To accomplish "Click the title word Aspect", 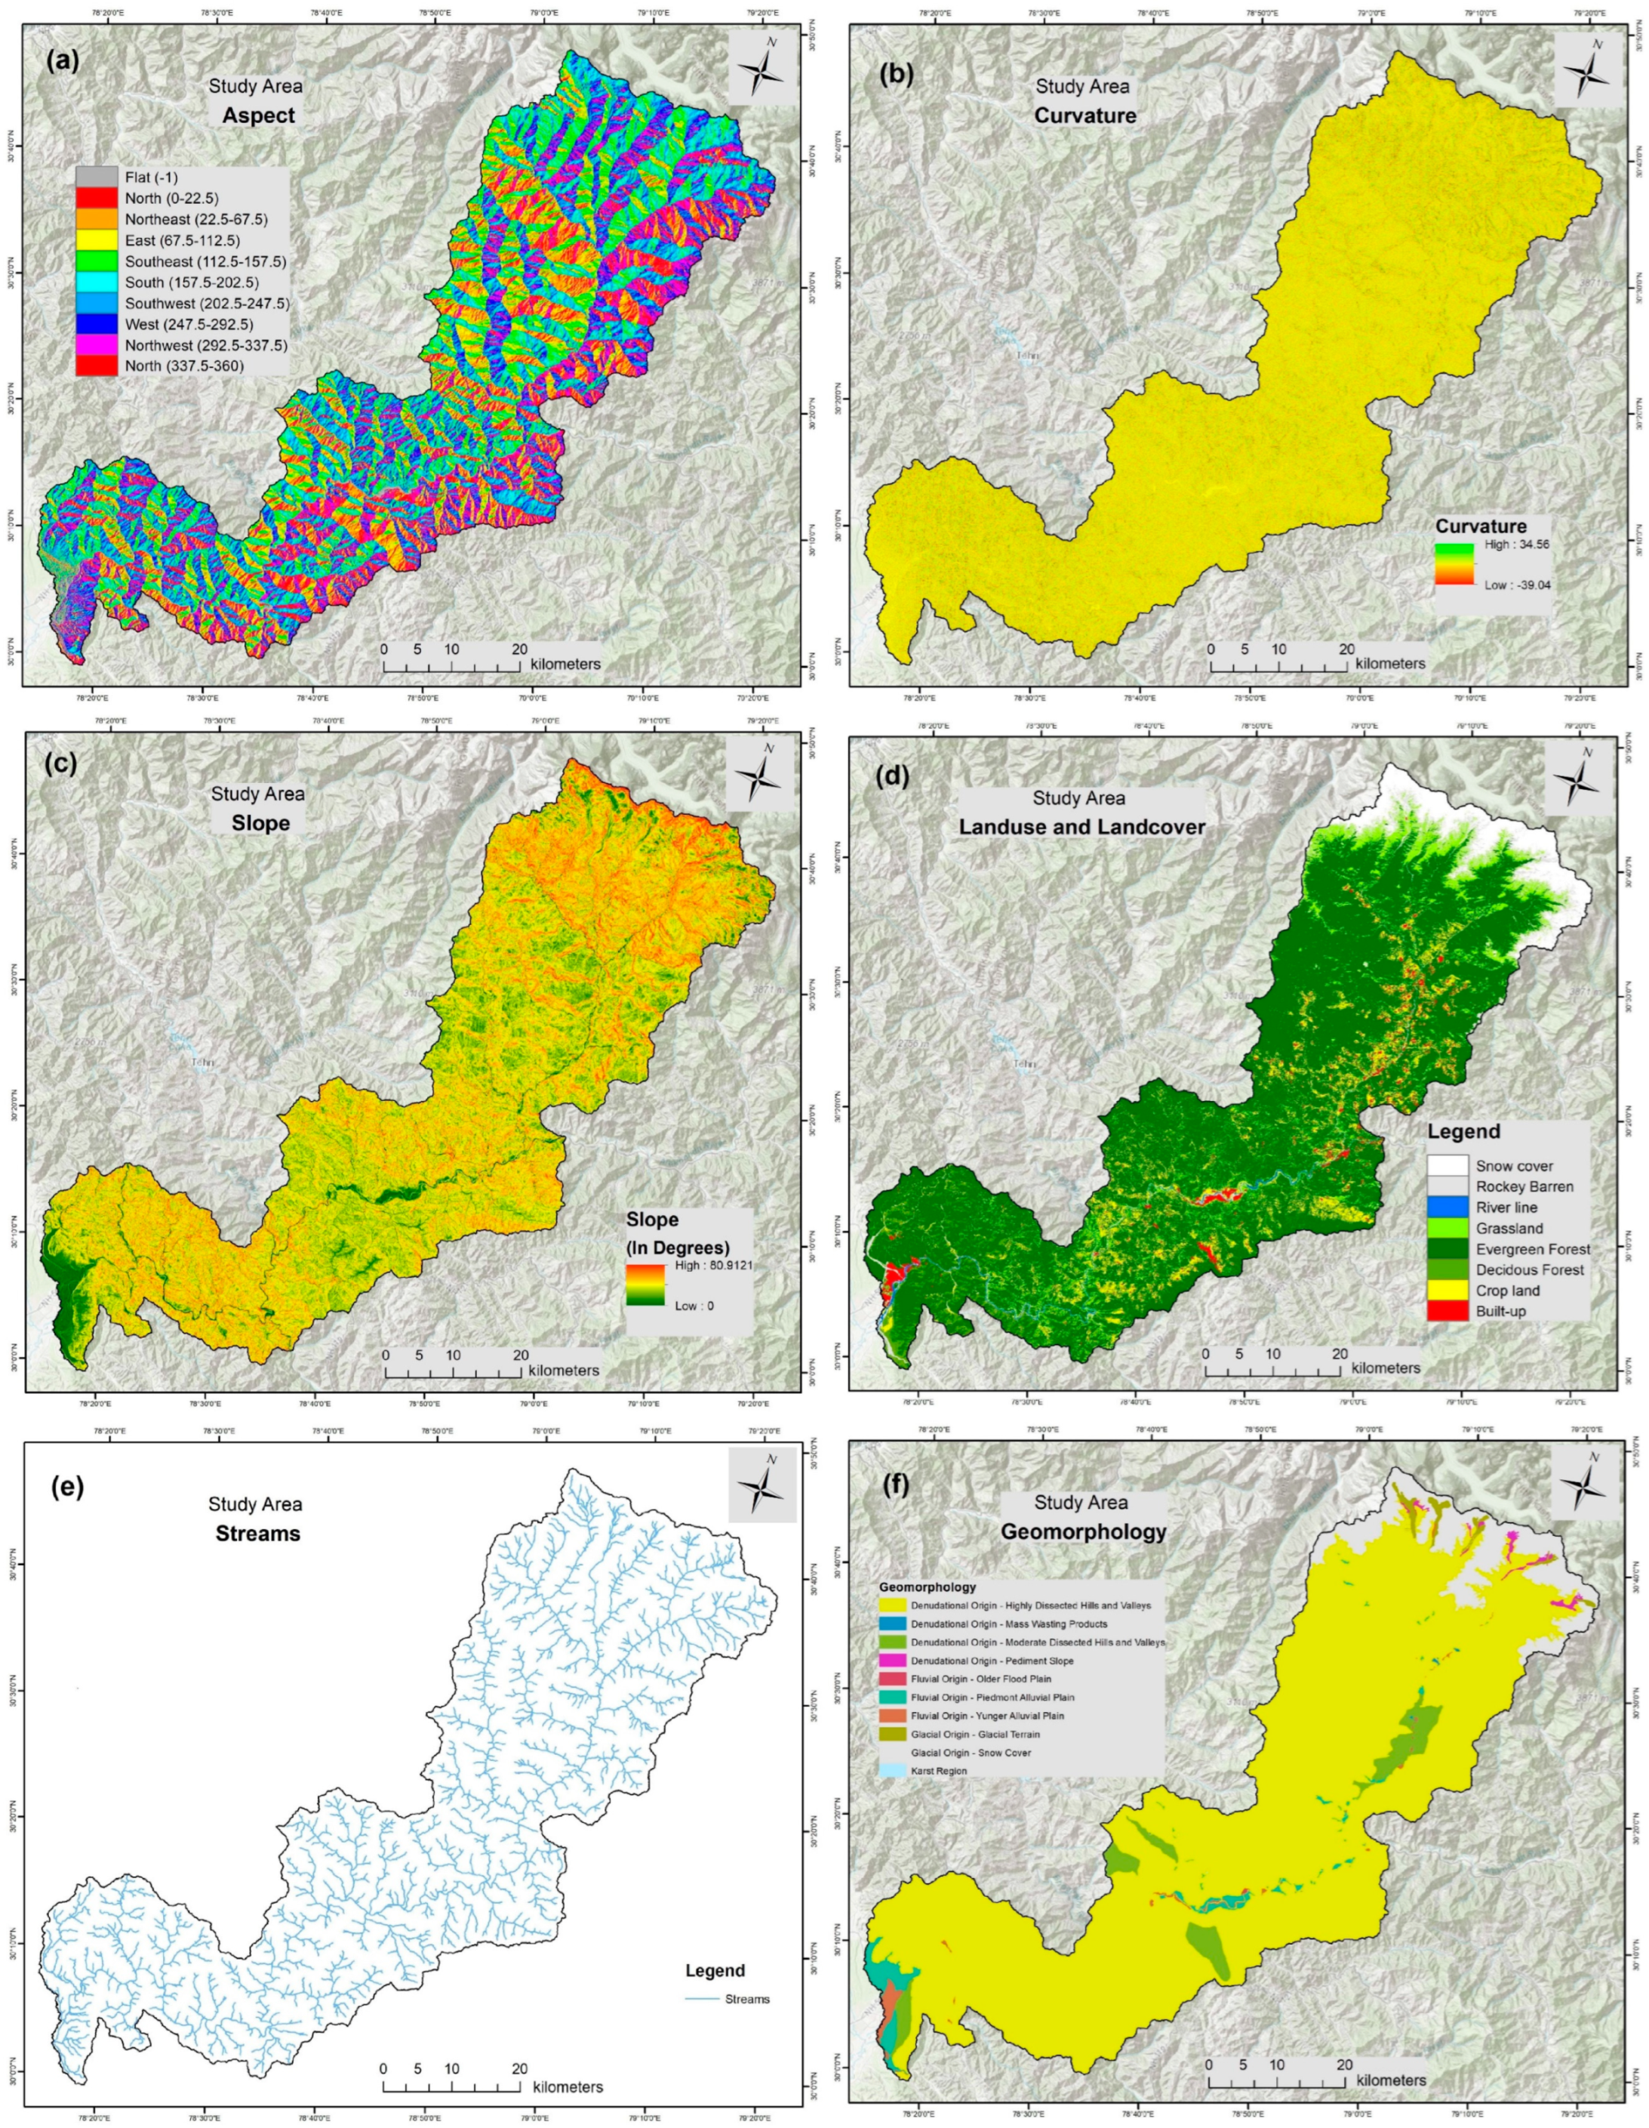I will click(x=256, y=115).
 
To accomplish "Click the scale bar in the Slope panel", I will click(x=452, y=1371).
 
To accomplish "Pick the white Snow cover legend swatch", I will click(x=1447, y=1165).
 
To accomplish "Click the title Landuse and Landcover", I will click(x=1082, y=826).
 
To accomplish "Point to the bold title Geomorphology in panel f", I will click(x=1082, y=1531).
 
